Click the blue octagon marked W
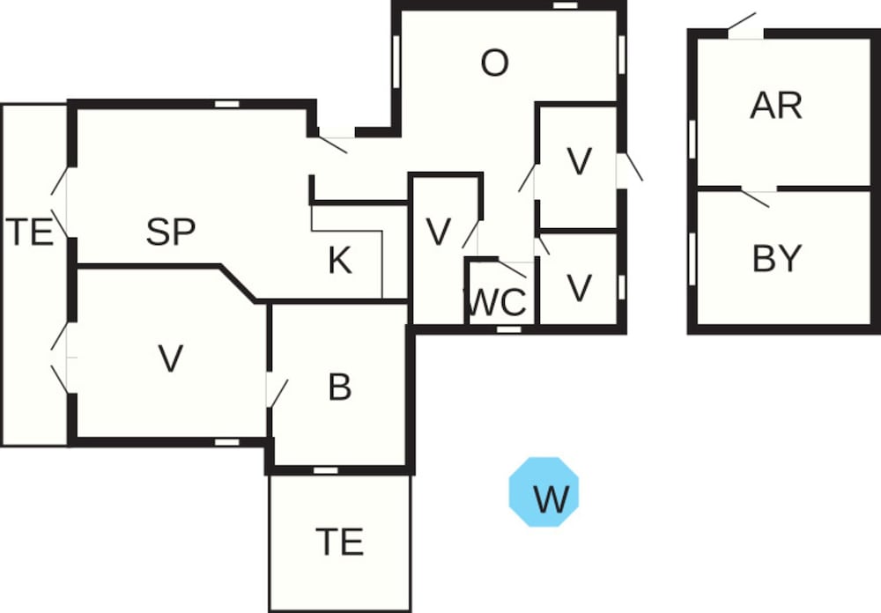point(544,491)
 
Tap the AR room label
point(776,106)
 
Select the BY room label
point(777,259)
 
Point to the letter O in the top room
point(495,63)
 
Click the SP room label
point(170,233)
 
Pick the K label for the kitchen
point(340,261)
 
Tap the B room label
point(340,388)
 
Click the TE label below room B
point(340,541)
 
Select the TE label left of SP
point(32,233)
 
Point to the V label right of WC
point(579,288)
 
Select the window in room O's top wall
point(565,5)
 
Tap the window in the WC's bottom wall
point(508,329)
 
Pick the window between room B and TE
point(326,470)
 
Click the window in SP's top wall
point(227,104)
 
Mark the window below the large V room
point(227,440)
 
